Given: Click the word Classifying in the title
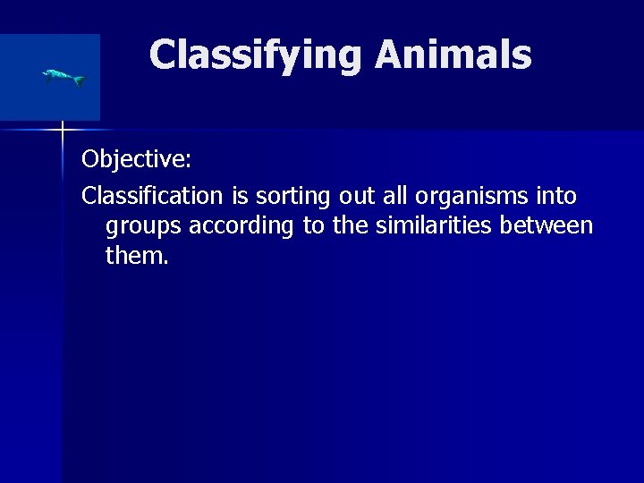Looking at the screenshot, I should point(257,55).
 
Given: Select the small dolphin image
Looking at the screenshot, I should point(63,77).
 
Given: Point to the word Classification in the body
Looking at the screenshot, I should point(151,195).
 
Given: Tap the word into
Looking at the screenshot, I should point(556,195).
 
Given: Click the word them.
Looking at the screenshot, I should point(136,258).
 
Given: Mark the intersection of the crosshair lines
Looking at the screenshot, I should point(63,131).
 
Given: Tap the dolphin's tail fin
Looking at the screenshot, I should point(80,80).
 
